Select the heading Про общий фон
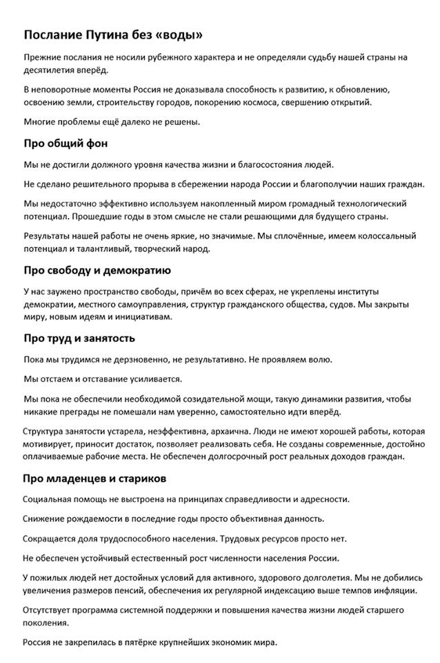tap(66, 144)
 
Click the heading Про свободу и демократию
tap(97, 270)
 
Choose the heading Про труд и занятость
tap(79, 338)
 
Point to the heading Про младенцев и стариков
tap(94, 478)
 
